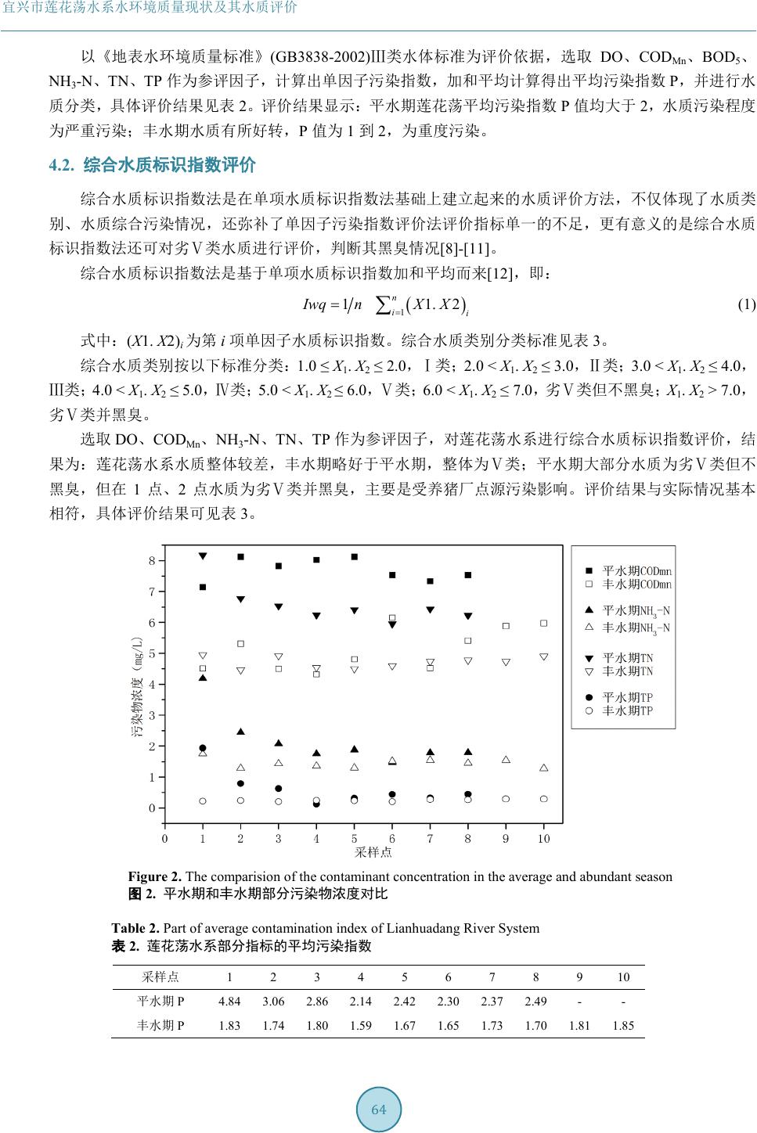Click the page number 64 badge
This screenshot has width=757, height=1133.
click(379, 1110)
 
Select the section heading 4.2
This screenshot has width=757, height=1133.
click(153, 165)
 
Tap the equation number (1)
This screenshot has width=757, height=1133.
click(746, 304)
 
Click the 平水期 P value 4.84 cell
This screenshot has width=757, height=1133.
click(229, 1001)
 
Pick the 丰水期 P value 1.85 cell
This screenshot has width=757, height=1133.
click(623, 1025)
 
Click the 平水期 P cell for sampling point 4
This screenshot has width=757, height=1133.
click(361, 1001)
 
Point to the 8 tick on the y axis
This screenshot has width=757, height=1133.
click(153, 561)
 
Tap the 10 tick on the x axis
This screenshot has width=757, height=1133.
click(543, 839)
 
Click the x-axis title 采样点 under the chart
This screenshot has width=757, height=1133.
click(373, 852)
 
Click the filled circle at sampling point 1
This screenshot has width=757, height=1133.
click(203, 748)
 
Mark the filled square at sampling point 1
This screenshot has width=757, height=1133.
click(203, 587)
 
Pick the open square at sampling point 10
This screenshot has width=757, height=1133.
click(543, 624)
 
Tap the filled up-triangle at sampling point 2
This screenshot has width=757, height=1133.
click(240, 732)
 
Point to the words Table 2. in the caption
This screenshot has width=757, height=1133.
click(135, 928)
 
